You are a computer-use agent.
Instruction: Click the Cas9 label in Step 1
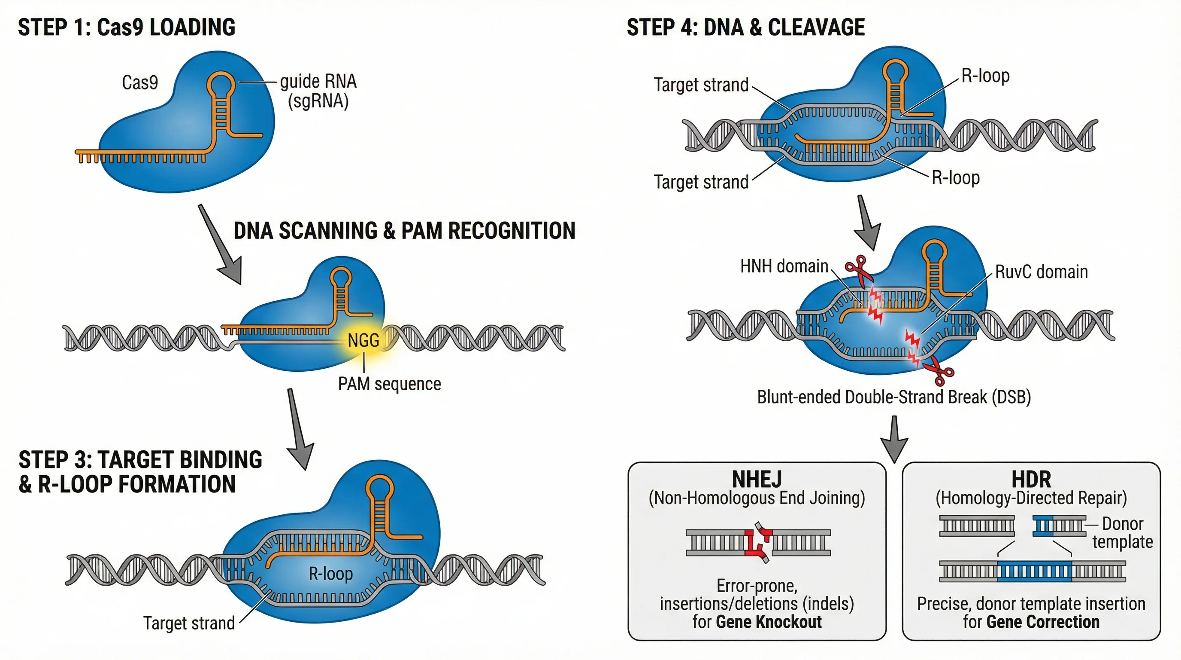140,82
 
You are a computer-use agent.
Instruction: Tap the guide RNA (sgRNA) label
318,91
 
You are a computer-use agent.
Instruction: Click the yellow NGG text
363,340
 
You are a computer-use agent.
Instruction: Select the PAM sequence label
389,384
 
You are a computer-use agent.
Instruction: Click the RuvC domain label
1041,272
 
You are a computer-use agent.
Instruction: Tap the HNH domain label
784,266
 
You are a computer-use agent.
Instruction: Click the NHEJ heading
757,479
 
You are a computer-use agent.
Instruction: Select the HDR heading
1031,479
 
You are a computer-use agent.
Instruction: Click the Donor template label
1122,532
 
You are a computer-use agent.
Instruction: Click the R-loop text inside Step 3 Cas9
330,574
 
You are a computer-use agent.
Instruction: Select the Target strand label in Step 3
188,623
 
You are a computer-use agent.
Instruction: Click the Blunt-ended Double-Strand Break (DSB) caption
893,397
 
